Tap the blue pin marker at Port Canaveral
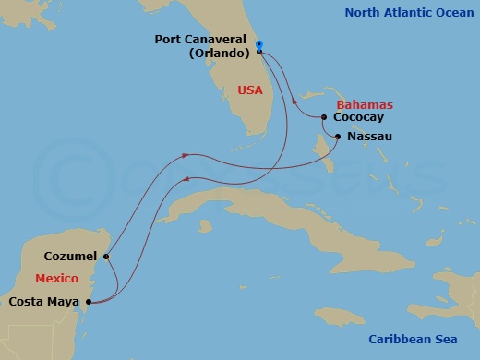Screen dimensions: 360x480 pos(259,44)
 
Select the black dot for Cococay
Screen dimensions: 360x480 pos(324,117)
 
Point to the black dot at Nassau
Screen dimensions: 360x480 pos(338,137)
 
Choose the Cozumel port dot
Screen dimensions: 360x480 pos(107,257)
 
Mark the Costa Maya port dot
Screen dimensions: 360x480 pos(86,301)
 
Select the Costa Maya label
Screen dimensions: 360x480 pos(42,301)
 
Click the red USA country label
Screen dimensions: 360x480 pos(249,90)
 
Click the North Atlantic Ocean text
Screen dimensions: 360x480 pos(407,12)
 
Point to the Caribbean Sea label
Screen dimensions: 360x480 pos(414,339)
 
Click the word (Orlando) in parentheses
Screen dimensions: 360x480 pos(220,53)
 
